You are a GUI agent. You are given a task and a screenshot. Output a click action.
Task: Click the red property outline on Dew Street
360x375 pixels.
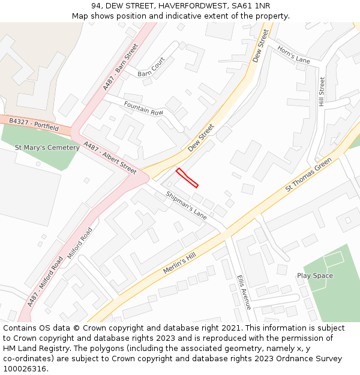coord(187,178)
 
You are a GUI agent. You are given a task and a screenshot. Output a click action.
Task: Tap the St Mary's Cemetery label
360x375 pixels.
coord(47,148)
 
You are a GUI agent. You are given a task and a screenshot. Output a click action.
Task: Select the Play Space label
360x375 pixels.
coord(314,276)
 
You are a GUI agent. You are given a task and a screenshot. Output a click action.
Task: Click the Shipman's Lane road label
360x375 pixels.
coord(186,204)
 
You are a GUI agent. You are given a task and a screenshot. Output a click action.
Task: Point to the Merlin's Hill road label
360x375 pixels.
coord(179,263)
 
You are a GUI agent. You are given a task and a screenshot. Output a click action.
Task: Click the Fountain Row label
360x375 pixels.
coord(143,109)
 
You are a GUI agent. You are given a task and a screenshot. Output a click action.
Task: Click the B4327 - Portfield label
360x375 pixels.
coord(34,125)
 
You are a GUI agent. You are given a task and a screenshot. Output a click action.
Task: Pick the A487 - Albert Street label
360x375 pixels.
coord(110,158)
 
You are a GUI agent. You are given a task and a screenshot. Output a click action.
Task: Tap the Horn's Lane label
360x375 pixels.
coord(293,55)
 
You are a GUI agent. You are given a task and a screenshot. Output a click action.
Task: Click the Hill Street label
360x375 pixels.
coord(322,92)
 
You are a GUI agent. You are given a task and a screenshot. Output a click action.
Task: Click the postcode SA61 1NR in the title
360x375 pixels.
coord(254,5)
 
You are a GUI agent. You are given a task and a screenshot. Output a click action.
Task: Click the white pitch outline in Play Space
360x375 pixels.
coord(334,259)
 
